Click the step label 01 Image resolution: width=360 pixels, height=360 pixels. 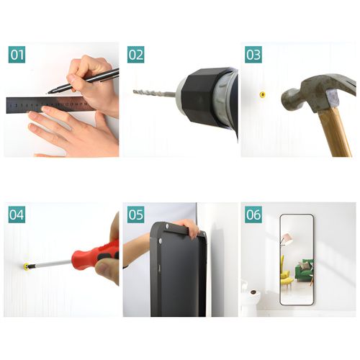tap(17, 55)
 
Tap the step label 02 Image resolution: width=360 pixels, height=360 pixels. tap(135, 55)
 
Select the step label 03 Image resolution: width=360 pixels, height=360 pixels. tap(253, 55)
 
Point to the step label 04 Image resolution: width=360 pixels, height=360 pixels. tap(17, 215)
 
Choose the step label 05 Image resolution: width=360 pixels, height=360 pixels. tap(135, 215)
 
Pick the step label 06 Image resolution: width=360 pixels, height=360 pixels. tap(253, 215)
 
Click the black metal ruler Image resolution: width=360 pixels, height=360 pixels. tap(49, 104)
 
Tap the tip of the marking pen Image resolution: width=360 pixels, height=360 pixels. tap(48, 92)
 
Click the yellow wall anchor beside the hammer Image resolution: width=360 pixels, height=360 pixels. tap(263, 94)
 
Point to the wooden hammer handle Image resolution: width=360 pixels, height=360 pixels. tap(335, 132)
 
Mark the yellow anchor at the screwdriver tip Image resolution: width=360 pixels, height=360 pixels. tap(26, 266)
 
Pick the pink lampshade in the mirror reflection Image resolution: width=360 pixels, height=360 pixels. tap(287, 238)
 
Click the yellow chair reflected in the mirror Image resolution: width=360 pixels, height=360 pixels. tap(286, 276)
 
